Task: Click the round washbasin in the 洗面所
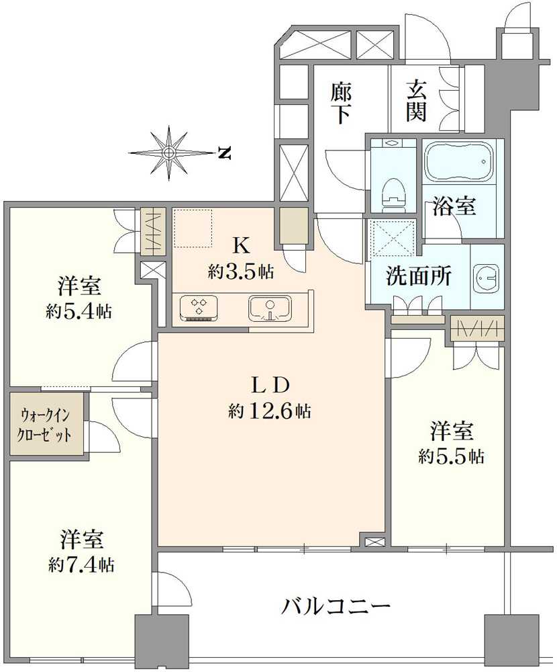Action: (x=487, y=277)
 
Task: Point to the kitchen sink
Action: (x=270, y=308)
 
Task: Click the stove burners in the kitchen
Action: (x=199, y=308)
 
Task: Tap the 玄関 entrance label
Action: (x=416, y=101)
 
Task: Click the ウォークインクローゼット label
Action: (x=44, y=425)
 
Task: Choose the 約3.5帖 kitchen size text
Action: (x=240, y=271)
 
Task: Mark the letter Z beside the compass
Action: (x=224, y=154)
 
